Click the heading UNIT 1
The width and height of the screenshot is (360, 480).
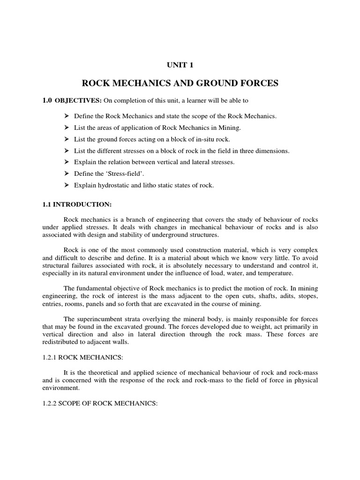(180, 66)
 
